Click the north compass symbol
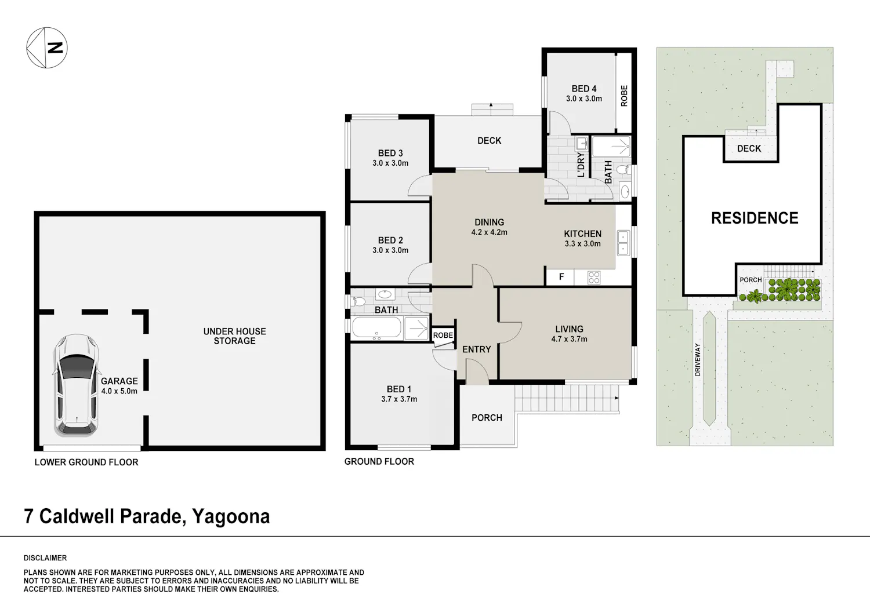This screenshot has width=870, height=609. (x=47, y=48)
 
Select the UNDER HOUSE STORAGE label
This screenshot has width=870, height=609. (x=234, y=336)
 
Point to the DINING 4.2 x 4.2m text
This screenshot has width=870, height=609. (x=490, y=227)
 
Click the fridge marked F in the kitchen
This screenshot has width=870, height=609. (x=561, y=277)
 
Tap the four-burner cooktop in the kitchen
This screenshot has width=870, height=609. (x=594, y=278)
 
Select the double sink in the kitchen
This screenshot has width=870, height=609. (x=623, y=243)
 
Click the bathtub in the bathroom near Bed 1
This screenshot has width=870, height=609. (x=376, y=327)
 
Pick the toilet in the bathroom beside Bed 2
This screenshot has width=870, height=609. (x=358, y=301)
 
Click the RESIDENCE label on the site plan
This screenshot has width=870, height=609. (x=755, y=218)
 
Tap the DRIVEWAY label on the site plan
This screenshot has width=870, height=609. (x=698, y=359)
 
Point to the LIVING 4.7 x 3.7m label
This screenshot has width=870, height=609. (x=569, y=334)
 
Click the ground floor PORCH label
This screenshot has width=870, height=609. (x=487, y=418)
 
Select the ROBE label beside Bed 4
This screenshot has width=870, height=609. (x=624, y=96)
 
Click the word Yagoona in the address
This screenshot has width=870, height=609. (x=231, y=517)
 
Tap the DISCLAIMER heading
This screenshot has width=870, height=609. (x=45, y=558)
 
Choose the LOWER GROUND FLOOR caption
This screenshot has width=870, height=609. (x=86, y=462)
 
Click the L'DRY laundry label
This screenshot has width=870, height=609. (x=581, y=165)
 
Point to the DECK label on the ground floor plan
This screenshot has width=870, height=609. (x=490, y=140)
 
